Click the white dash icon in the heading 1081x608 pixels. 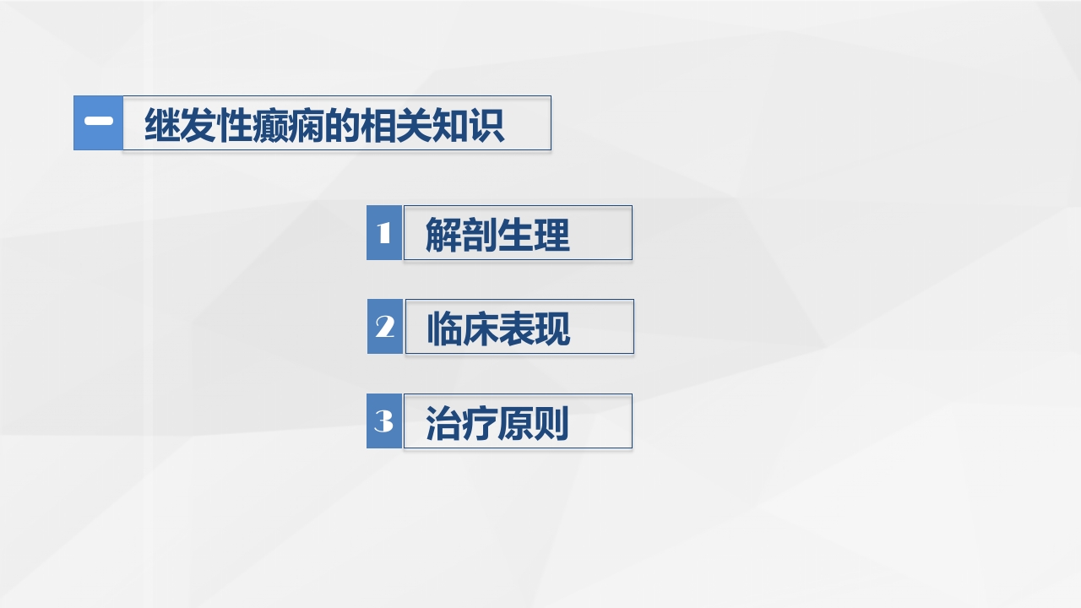coord(99,122)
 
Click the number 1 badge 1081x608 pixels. coord(384,232)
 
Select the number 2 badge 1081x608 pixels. coord(385,326)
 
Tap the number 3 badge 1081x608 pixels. coord(384,421)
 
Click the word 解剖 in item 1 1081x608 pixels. coord(461,235)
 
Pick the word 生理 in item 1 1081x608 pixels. coord(534,235)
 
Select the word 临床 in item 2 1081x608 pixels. coord(462,328)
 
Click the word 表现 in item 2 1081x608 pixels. coord(535,328)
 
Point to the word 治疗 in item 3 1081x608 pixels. coord(461,423)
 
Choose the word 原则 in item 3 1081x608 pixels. coord(533,423)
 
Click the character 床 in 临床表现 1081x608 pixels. coord(480,328)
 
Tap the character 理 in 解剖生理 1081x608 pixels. coord(552,235)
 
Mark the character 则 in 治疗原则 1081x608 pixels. coord(551,423)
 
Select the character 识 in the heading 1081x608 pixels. coord(487,125)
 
